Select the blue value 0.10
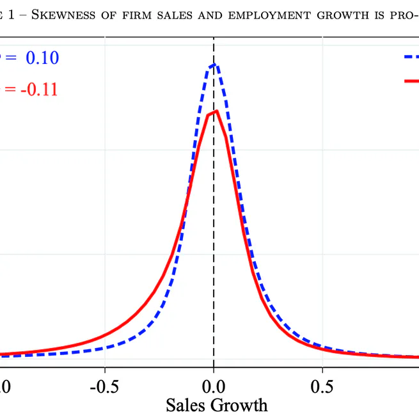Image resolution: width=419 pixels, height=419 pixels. tap(42, 58)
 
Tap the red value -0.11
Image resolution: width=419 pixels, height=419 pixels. tap(38, 90)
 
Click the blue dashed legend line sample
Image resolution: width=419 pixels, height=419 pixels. tap(411, 57)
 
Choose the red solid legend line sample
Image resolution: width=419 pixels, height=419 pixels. tap(411, 81)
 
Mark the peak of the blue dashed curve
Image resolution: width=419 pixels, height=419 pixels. tap(216, 64)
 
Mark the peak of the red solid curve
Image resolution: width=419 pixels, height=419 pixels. tap(217, 111)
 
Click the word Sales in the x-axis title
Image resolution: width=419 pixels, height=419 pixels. tap(189, 406)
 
